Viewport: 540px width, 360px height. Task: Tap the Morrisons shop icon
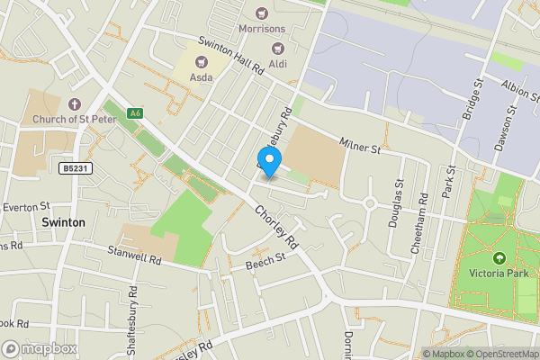click(262, 14)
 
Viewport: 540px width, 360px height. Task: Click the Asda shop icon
click(201, 61)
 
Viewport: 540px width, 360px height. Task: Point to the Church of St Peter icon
click(74, 105)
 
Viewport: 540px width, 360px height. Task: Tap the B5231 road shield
click(76, 168)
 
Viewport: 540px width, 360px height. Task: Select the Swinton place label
click(63, 221)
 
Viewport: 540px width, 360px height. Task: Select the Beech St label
click(265, 260)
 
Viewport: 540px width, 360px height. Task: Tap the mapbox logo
click(40, 348)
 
